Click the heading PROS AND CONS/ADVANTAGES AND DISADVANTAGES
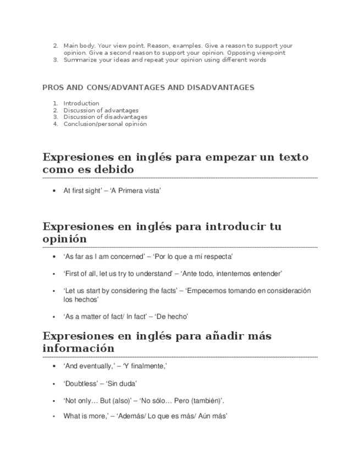pyautogui.click(x=148, y=87)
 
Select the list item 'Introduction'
pyautogui.click(x=81, y=103)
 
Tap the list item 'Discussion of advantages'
pyautogui.click(x=101, y=110)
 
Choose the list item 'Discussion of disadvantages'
pyautogui.click(x=105, y=117)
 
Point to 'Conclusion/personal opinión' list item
pyautogui.click(x=105, y=124)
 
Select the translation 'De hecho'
pyautogui.click(x=172, y=317)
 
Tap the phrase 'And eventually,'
pyautogui.click(x=88, y=366)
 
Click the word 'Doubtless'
pyautogui.click(x=81, y=383)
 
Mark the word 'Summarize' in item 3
pyautogui.click(x=79, y=60)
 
